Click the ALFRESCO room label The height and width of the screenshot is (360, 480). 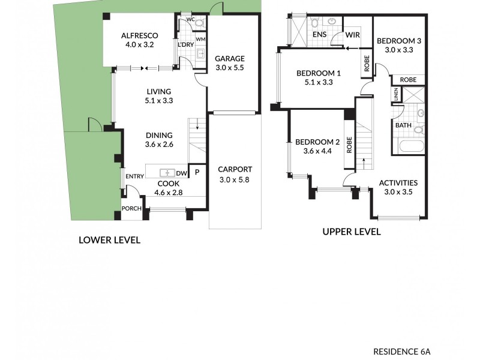(139, 35)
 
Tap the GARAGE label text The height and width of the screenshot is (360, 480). (230, 59)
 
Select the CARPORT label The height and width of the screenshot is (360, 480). (235, 169)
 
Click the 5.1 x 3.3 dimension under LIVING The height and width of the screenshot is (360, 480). (159, 101)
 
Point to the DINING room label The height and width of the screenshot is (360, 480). (159, 135)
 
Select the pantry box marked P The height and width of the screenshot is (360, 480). (197, 172)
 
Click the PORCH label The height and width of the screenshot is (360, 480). (131, 209)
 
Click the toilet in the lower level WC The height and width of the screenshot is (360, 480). (200, 22)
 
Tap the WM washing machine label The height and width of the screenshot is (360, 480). (200, 40)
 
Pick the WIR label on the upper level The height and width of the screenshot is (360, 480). (352, 35)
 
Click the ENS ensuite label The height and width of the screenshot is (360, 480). (320, 35)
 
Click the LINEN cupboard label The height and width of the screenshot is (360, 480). (396, 94)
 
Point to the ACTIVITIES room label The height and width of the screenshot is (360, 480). (398, 183)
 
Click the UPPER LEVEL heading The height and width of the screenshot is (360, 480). (351, 232)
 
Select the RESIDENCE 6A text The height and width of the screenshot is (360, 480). (401, 351)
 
